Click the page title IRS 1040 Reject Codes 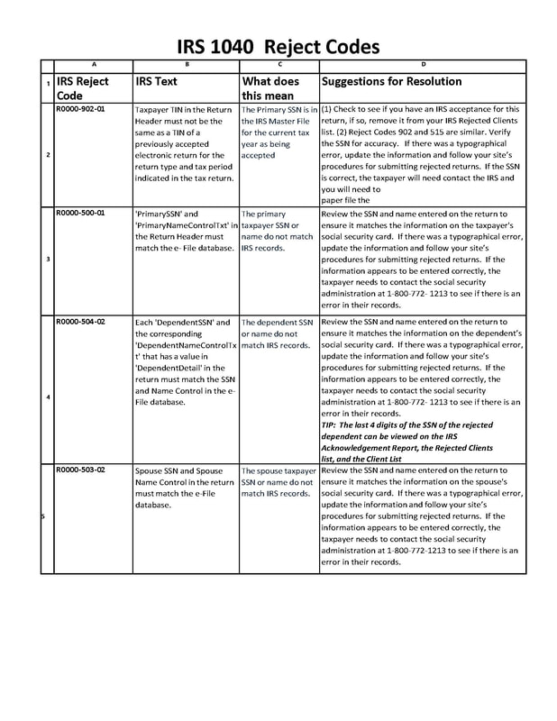[x=278, y=46]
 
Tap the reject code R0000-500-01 [x=80, y=214]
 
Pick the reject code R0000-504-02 [x=80, y=321]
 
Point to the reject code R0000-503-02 [x=80, y=470]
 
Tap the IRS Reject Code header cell [x=82, y=87]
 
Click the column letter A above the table [x=94, y=65]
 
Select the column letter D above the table [x=423, y=65]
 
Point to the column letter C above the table [x=279, y=65]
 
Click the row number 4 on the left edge [x=48, y=397]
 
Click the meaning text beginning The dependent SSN [x=278, y=333]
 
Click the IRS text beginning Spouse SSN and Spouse [x=185, y=488]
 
